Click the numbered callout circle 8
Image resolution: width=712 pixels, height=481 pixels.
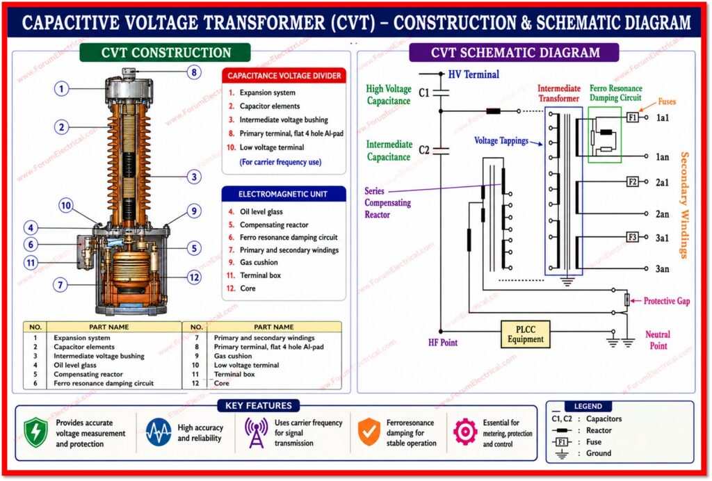pos(194,72)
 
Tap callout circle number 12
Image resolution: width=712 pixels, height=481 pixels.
pos(194,277)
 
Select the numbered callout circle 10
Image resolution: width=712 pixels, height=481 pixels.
pos(66,206)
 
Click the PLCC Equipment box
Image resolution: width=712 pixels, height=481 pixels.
pos(526,334)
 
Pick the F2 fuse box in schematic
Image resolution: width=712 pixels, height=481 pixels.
pos(633,182)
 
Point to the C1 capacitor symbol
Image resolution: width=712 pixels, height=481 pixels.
pos(441,93)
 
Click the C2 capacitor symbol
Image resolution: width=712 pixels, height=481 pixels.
pos(441,151)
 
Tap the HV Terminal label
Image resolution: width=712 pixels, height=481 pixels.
pos(474,74)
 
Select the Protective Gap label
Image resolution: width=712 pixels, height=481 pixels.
pos(667,301)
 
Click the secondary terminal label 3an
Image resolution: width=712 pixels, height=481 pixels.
pos(662,269)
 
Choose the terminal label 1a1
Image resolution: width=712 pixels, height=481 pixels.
pos(663,118)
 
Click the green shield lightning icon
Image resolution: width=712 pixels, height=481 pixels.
pos(35,432)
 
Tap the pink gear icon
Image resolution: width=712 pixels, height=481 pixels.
pos(465,432)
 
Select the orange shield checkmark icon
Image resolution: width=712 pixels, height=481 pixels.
pos(369,432)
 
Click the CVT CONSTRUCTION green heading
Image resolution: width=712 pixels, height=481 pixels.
pos(165,53)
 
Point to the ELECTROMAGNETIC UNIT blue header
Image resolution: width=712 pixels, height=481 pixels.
pos(284,194)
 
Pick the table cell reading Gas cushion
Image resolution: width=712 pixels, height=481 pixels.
pos(233,356)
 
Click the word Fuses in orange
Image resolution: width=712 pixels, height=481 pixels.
pos(667,101)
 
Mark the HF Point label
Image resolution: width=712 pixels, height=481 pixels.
pos(443,343)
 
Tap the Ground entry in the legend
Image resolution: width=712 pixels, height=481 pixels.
pos(599,453)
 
